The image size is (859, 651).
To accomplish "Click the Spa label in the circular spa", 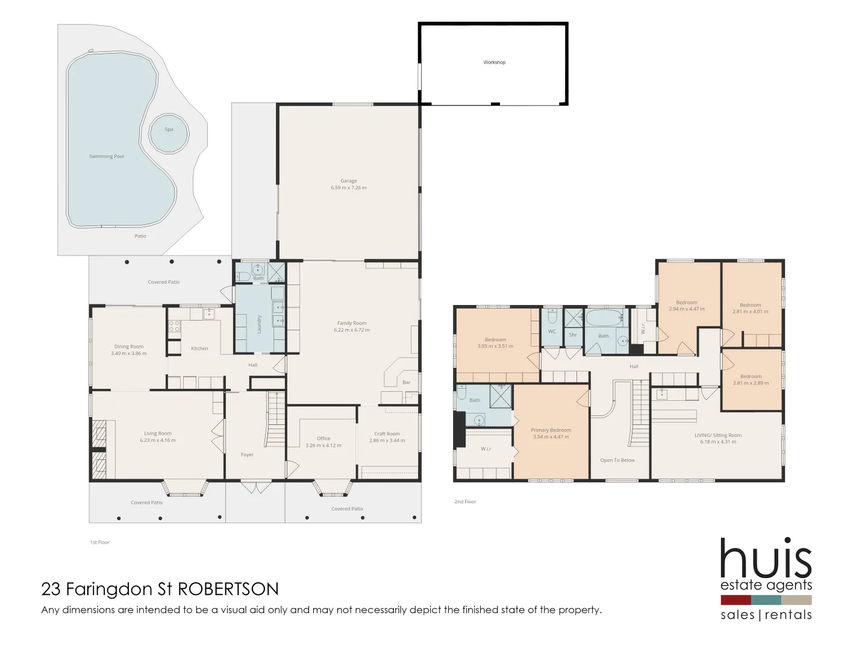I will [169, 130].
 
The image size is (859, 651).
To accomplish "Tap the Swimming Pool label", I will [107, 157].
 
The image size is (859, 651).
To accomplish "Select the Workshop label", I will [494, 63].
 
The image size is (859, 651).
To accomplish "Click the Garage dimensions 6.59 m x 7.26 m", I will [348, 188].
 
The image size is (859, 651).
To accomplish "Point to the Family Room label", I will [352, 323].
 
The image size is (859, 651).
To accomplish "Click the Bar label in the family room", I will [407, 383].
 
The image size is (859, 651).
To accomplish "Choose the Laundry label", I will [260, 324].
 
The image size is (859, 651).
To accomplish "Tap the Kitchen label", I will [199, 348].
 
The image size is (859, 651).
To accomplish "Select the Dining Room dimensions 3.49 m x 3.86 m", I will [129, 354].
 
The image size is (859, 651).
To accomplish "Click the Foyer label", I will [247, 455].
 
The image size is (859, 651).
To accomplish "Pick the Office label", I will [323, 439].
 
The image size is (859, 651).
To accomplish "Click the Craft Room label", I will [387, 434].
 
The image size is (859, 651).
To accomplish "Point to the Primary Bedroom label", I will [551, 430].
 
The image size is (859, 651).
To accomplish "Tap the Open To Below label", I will [617, 461].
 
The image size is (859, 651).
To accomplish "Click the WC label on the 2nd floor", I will [552, 332].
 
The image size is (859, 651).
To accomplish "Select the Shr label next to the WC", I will [573, 335].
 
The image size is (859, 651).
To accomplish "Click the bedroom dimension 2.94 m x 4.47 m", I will [687, 309].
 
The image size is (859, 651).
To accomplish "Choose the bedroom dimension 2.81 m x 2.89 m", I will [751, 383].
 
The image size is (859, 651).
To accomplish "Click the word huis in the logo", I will [766, 559].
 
